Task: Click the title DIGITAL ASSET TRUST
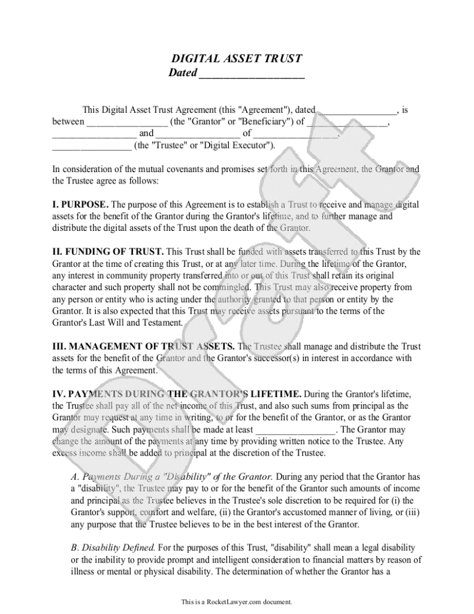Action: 237,59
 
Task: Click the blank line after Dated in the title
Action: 251,74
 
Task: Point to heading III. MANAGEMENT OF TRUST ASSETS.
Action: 144,347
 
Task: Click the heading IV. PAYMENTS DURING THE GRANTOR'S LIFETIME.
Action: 177,394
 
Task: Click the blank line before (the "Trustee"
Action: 92,145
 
